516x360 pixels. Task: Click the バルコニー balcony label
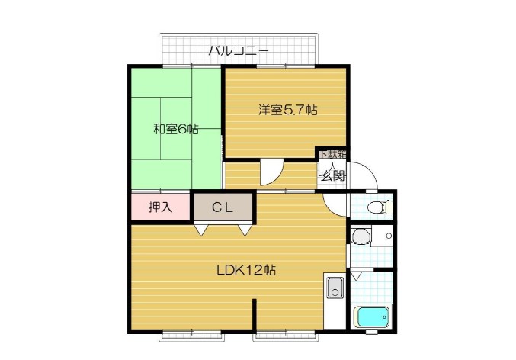[x=238, y=51]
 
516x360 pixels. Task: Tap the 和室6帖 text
[x=176, y=129]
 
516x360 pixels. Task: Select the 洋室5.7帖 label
[x=287, y=110]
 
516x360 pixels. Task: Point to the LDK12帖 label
[x=245, y=270]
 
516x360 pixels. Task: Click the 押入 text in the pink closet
[x=159, y=207]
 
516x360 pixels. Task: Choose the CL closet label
[x=222, y=207]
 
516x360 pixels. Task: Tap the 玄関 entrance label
[x=332, y=176]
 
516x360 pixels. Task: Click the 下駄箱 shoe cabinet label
[x=332, y=155]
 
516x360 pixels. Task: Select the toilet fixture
[x=378, y=207]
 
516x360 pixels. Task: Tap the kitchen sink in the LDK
[x=335, y=289]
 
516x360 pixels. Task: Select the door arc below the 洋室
[x=271, y=174]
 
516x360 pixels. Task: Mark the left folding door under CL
[x=200, y=228]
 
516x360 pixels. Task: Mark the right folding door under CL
[x=245, y=228]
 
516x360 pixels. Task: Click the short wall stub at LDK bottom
[x=255, y=317]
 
